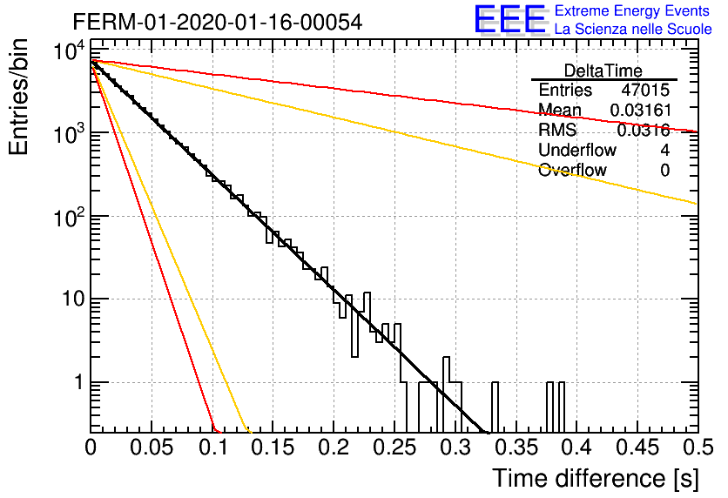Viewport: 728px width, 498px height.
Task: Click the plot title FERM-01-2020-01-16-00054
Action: click(x=218, y=22)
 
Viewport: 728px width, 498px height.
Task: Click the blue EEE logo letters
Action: click(x=509, y=18)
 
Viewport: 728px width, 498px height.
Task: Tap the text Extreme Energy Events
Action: click(x=632, y=10)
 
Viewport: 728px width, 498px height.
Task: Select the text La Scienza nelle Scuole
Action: click(x=633, y=29)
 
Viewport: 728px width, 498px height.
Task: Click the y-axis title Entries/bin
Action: click(x=18, y=98)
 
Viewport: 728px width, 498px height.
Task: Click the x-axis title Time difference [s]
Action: click(x=596, y=478)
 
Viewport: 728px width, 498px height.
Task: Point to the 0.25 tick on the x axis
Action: click(x=394, y=448)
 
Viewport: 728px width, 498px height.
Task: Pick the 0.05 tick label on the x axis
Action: click(x=152, y=448)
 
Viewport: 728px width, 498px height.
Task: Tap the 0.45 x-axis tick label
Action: click(x=637, y=448)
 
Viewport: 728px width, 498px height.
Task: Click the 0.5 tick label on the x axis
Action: click(x=698, y=448)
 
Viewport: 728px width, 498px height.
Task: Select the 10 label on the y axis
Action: click(x=74, y=299)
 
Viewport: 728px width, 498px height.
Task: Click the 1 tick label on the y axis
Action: click(x=78, y=382)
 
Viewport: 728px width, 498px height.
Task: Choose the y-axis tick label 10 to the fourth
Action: click(x=70, y=50)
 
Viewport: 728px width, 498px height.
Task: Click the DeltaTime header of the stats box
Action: click(x=603, y=71)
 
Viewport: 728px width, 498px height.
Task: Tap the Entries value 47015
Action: click(x=645, y=90)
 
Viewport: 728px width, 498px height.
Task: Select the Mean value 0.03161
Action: click(x=641, y=110)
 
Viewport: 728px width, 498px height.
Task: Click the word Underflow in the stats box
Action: click(x=577, y=150)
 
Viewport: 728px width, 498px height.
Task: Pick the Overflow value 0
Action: click(x=664, y=171)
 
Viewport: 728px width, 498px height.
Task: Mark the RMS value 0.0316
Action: click(x=644, y=131)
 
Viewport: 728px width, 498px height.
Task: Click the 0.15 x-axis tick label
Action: click(x=273, y=448)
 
